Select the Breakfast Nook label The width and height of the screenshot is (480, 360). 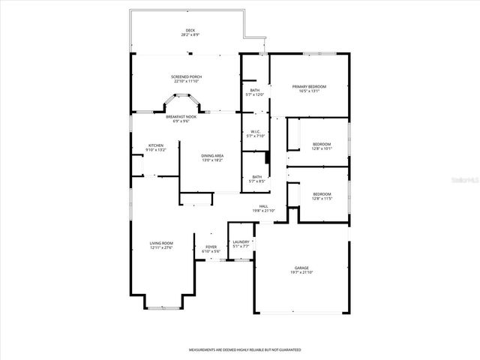pyautogui.click(x=181, y=117)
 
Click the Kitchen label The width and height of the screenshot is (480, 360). pyautogui.click(x=155, y=145)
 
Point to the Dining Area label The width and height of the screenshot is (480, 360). pyautogui.click(x=212, y=155)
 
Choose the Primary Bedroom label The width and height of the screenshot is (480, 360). pyautogui.click(x=309, y=86)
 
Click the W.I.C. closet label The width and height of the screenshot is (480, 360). pyautogui.click(x=256, y=132)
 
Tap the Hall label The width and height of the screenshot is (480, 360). pyautogui.click(x=264, y=206)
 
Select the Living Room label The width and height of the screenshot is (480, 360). pyautogui.click(x=161, y=243)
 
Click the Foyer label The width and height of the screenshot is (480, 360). pyautogui.click(x=211, y=247)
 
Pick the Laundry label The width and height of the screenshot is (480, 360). pyautogui.click(x=241, y=241)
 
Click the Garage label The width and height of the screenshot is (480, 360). pyautogui.click(x=301, y=268)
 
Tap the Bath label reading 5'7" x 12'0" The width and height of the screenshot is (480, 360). pyautogui.click(x=255, y=91)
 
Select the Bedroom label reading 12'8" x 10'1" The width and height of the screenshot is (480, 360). pyautogui.click(x=321, y=143)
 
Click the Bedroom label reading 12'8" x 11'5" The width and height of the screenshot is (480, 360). pyautogui.click(x=321, y=194)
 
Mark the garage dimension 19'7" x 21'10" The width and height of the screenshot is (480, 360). pyautogui.click(x=301, y=272)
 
